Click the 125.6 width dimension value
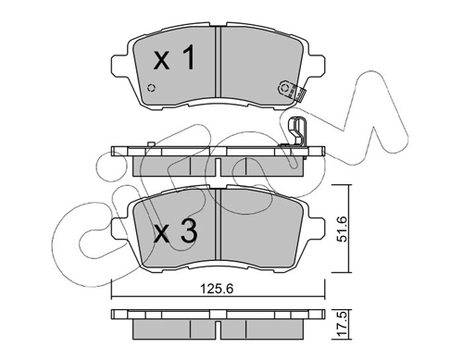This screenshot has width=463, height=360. (x=217, y=289)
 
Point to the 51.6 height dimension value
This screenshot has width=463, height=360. (x=343, y=229)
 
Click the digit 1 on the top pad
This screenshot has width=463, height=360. (x=187, y=56)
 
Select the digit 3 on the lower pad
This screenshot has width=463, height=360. (x=189, y=230)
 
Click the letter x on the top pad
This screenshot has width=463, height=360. (x=162, y=61)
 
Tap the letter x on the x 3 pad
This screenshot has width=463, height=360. (x=162, y=234)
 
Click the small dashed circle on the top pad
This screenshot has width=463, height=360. (x=151, y=88)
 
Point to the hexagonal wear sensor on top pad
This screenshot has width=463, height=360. (x=284, y=88)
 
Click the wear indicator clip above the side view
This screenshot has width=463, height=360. (x=297, y=131)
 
